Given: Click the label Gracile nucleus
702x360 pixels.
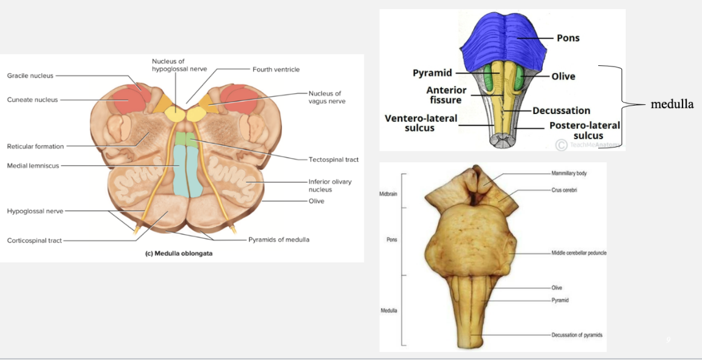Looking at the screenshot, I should (30, 76).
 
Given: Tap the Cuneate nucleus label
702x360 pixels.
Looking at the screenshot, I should (32, 99).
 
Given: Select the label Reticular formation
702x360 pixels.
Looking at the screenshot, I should (35, 146).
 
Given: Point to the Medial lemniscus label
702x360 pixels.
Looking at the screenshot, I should (33, 165).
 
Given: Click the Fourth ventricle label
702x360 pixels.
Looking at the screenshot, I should (276, 70).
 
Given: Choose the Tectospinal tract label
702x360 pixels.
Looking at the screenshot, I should (333, 160).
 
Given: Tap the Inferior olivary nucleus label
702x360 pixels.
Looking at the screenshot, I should (330, 185).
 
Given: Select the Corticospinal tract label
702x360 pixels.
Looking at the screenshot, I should (35, 240).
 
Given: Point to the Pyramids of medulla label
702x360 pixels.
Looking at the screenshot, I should (278, 240).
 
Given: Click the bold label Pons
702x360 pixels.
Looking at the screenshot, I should (568, 38).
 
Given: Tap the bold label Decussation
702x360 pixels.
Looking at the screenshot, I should (561, 110).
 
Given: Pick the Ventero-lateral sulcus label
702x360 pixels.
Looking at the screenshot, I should (421, 123).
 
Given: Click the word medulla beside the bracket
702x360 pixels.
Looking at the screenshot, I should (672, 104).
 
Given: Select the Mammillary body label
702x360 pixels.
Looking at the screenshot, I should (570, 173).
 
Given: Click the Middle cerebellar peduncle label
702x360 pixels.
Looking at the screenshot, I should (579, 253).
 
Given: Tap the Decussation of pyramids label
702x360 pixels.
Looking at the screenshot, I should (577, 335).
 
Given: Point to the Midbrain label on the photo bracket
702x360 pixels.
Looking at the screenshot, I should (389, 193).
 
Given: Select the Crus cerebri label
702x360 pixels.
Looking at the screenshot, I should (565, 190).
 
